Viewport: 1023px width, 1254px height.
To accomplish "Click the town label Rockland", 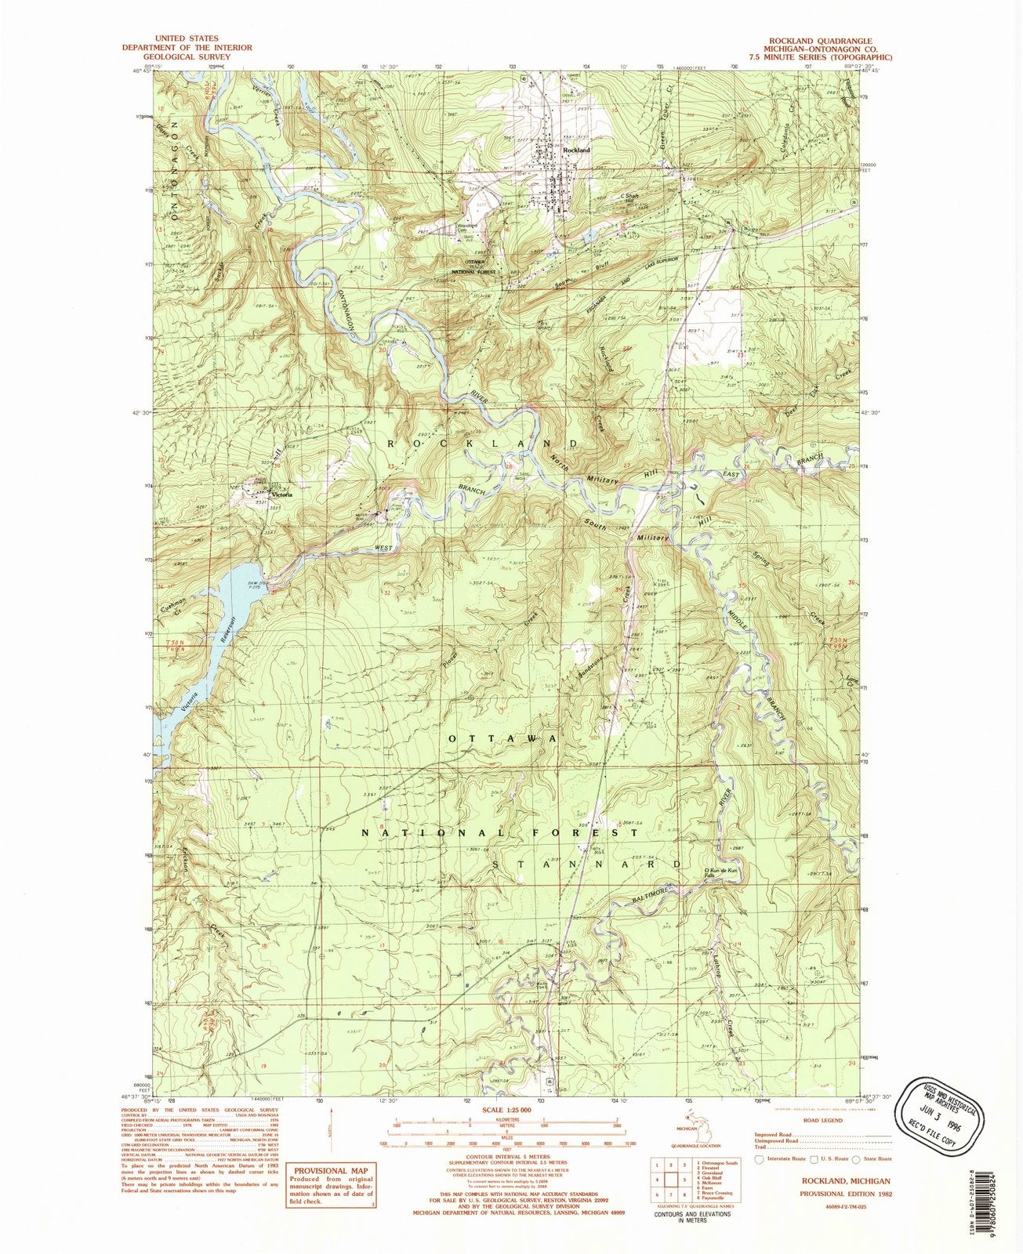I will click(576, 149).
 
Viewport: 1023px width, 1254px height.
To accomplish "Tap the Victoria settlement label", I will click(281, 495).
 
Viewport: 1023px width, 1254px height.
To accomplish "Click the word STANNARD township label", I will click(587, 863).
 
